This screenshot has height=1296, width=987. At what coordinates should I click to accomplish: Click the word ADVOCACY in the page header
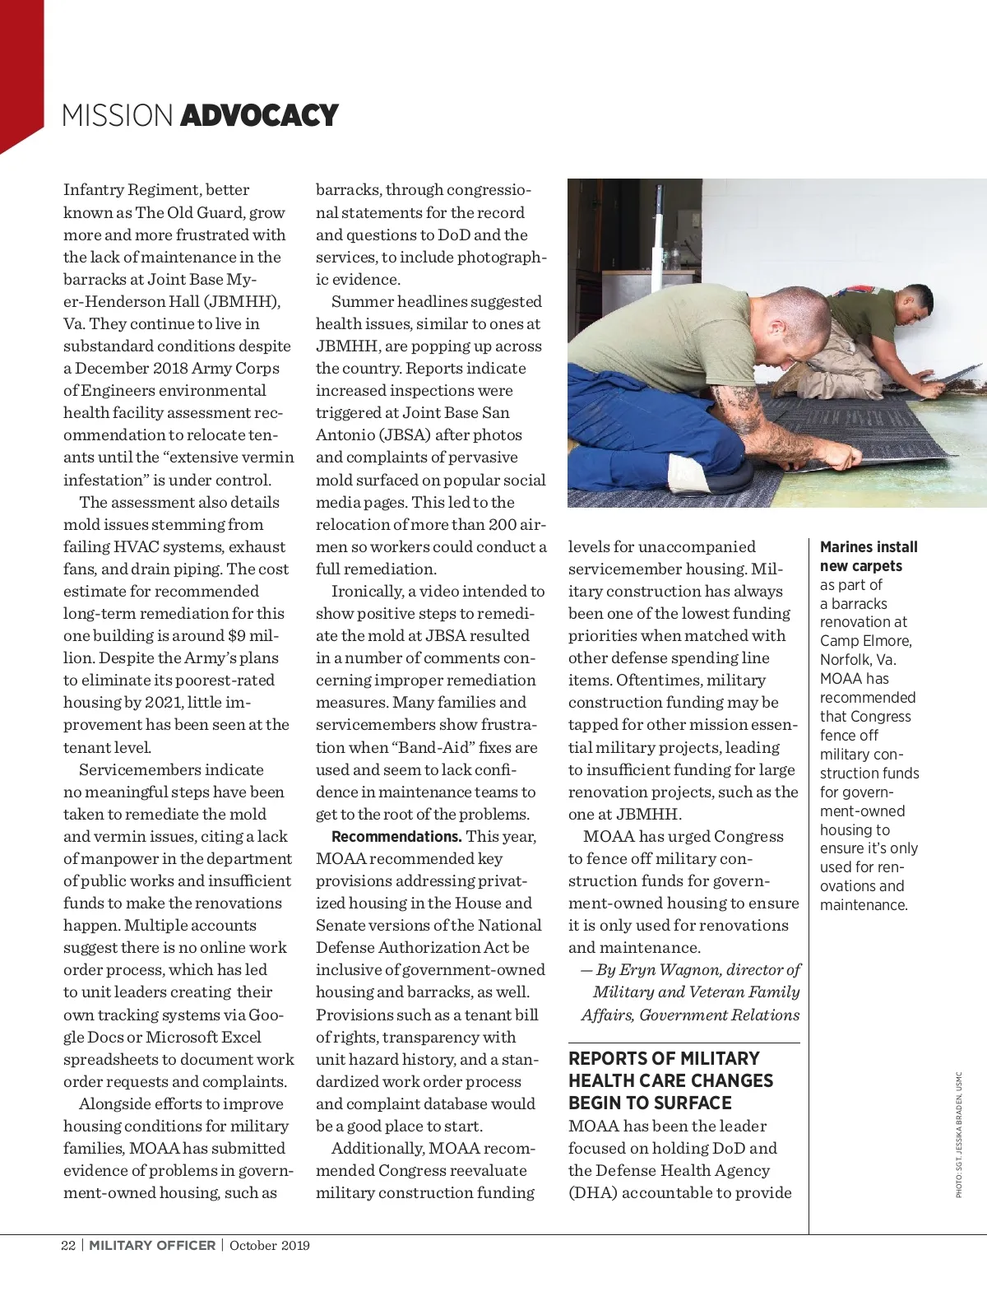coord(258,116)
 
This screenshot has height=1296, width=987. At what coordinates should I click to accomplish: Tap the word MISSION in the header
coord(118,116)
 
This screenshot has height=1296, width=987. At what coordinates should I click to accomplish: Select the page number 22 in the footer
coord(68,1245)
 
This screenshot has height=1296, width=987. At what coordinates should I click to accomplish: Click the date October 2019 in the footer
coord(269,1245)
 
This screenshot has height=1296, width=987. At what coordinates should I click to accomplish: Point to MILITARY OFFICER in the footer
coord(152,1245)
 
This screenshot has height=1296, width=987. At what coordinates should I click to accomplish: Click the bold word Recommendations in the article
coord(396,837)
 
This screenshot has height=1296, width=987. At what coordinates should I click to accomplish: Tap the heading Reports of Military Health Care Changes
coord(670,1080)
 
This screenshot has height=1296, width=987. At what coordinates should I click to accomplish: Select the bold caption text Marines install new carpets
coord(868,556)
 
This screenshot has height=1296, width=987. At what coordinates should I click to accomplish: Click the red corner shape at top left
coord(20,74)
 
